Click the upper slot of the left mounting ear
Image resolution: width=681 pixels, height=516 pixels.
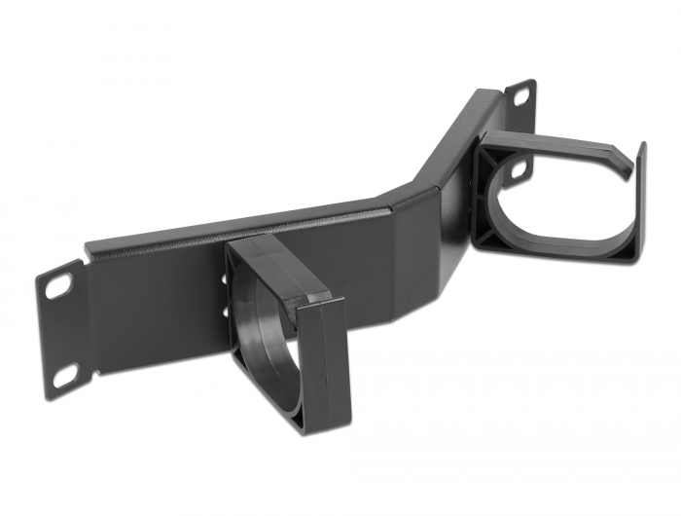tap(58, 285)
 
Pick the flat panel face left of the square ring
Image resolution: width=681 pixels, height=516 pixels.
tap(156, 312)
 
